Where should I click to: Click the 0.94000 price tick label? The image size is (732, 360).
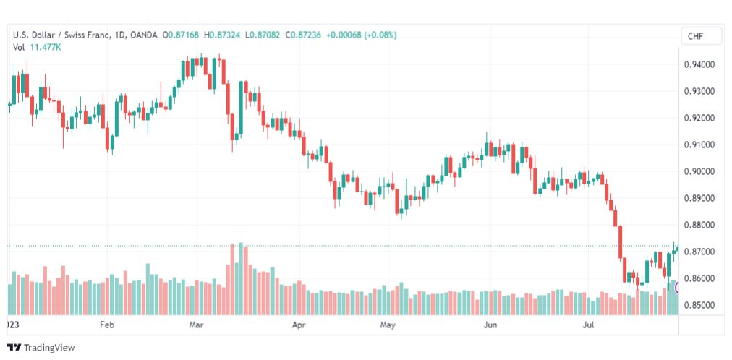(699, 64)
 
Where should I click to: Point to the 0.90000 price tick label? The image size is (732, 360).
(699, 171)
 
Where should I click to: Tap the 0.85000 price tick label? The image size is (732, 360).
(699, 306)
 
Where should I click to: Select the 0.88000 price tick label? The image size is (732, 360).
(699, 226)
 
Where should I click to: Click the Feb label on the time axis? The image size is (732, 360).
(107, 325)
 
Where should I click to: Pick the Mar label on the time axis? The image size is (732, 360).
(196, 325)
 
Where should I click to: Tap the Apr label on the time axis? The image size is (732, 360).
(298, 325)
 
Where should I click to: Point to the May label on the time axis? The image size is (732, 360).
(388, 325)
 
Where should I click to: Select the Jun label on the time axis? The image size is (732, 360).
(490, 325)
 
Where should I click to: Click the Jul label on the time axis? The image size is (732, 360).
(588, 325)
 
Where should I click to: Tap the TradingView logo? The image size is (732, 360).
(41, 348)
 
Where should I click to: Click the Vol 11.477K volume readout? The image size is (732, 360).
(37, 47)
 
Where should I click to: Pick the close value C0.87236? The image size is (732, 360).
(303, 35)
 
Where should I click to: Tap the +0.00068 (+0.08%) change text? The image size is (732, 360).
(362, 35)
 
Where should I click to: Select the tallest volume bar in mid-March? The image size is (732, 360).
(241, 279)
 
